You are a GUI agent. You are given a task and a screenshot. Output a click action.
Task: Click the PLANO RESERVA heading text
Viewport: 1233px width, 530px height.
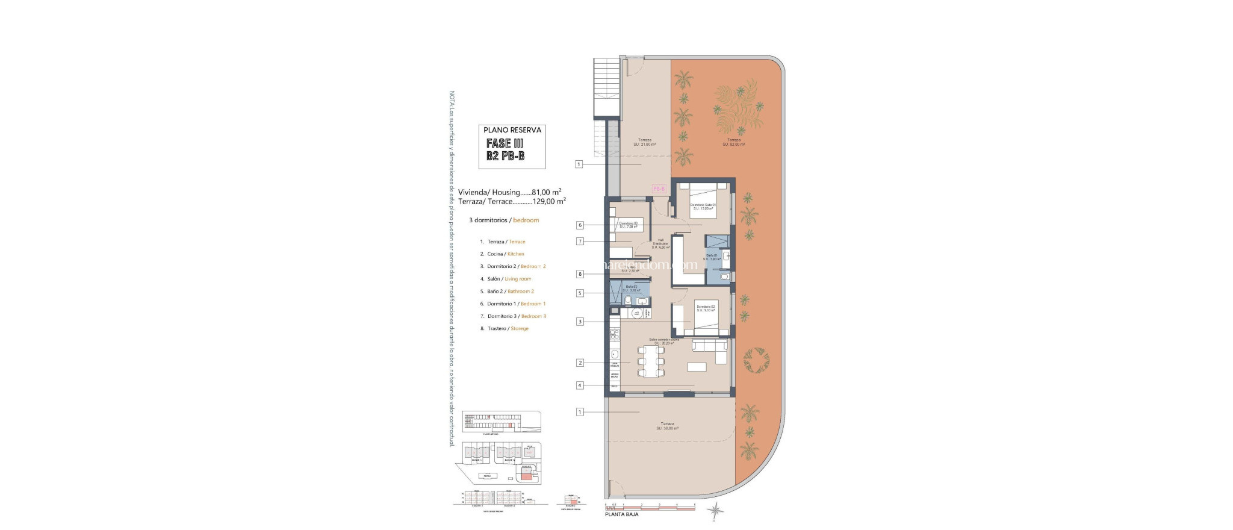[512, 130]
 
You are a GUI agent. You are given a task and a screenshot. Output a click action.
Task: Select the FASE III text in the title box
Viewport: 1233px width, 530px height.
[505, 143]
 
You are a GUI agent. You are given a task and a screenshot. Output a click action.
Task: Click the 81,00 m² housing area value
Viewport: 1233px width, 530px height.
[547, 192]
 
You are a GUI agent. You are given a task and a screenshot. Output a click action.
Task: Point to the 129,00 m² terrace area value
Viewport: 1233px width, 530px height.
[549, 202]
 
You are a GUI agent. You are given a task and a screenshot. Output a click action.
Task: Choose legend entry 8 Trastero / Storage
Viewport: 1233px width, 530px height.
[505, 329]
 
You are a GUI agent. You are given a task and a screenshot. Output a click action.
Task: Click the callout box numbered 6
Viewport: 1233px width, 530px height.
[580, 225]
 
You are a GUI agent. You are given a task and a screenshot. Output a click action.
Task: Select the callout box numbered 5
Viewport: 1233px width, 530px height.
[580, 293]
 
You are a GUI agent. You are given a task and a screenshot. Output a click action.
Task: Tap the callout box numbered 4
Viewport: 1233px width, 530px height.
[580, 385]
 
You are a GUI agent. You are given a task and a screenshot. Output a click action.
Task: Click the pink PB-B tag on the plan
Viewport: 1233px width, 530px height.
[659, 189]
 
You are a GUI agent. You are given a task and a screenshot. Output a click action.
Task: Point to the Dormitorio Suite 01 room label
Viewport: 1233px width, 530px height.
[703, 207]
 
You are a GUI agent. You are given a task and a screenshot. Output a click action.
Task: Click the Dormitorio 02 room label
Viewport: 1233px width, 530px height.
[706, 308]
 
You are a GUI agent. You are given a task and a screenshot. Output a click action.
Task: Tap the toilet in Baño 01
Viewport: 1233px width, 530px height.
[724, 277]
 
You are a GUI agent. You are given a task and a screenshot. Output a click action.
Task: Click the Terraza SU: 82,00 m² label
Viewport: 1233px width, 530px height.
[733, 142]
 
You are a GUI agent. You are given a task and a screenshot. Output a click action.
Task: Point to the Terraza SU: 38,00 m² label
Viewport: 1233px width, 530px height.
[667, 426]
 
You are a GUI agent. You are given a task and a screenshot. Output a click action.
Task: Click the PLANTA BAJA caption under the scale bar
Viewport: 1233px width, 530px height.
[621, 514]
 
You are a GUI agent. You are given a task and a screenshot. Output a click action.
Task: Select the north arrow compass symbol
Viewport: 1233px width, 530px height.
[715, 511]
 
